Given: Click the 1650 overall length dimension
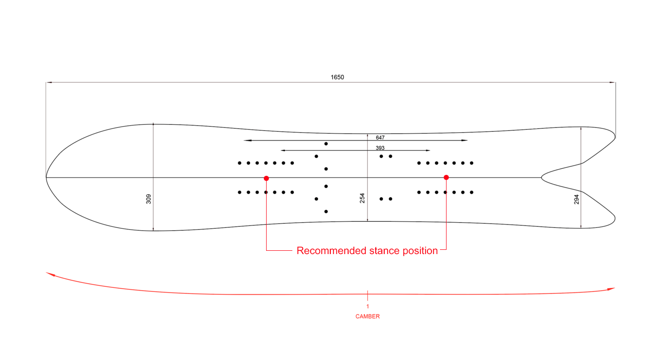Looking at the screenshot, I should pyautogui.click(x=337, y=77).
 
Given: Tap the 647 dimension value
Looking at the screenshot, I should pyautogui.click(x=380, y=138).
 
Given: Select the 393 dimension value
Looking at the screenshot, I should pyautogui.click(x=380, y=148).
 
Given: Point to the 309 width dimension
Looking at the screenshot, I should pyautogui.click(x=149, y=199).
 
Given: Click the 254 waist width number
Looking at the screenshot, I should pyautogui.click(x=362, y=198).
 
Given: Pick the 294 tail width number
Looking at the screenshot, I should pyautogui.click(x=577, y=199).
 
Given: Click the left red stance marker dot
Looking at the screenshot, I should pyautogui.click(x=267, y=178).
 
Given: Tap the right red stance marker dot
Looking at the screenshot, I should pyautogui.click(x=446, y=177).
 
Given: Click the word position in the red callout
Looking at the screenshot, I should pyautogui.click(x=420, y=251).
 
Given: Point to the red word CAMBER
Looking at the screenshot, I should pyautogui.click(x=367, y=316).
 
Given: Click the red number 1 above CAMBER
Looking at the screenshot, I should pyautogui.click(x=367, y=306).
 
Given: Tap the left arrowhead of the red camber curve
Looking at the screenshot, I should pyautogui.click(x=49, y=274).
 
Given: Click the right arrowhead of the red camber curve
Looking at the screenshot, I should pyautogui.click(x=611, y=289).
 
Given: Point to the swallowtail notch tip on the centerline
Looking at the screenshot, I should pyautogui.click(x=542, y=178).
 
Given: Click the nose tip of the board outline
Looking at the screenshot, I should pyautogui.click(x=46, y=177).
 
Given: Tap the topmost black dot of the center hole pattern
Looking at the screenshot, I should pyautogui.click(x=326, y=143).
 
